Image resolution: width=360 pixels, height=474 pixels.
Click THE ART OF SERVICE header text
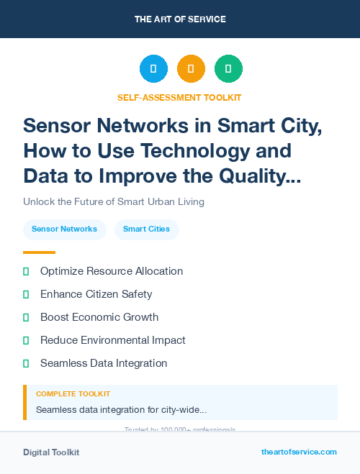click(180, 19)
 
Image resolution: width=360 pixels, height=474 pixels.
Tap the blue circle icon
click(153, 68)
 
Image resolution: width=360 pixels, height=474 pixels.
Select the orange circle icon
click(191, 68)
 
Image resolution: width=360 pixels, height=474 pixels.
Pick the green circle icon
click(228, 68)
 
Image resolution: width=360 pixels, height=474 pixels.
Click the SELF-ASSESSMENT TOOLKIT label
click(179, 97)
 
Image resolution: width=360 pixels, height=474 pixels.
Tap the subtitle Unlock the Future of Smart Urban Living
click(114, 201)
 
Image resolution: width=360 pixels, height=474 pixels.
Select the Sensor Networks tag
click(64, 229)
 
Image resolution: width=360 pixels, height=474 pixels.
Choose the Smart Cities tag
click(146, 229)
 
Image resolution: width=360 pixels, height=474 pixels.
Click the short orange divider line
click(39, 252)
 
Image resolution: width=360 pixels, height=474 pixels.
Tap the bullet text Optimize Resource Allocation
click(112, 271)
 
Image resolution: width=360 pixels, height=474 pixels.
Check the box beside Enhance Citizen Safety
click(26, 294)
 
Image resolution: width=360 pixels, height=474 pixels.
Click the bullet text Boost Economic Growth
click(99, 317)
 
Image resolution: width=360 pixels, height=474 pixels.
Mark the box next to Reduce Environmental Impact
click(26, 340)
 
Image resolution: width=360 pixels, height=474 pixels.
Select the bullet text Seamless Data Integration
click(104, 363)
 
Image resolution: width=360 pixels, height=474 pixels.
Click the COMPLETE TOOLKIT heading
click(73, 394)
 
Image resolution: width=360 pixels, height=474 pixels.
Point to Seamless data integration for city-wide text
click(121, 409)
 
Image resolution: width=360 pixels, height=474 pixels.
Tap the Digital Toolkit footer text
click(51, 452)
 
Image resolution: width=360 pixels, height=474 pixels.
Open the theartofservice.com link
click(299, 452)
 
